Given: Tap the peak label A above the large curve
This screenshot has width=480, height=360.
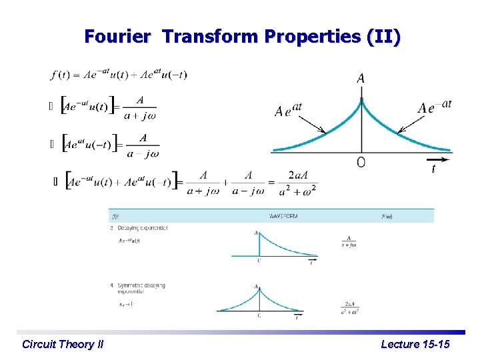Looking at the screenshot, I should point(361,79).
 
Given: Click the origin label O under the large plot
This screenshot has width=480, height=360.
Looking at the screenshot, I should point(361,163).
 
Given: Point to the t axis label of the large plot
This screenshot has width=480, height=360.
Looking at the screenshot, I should point(433,169).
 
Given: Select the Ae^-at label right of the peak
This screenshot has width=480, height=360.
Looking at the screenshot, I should point(435,107).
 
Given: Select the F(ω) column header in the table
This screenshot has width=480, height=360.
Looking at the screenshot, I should point(387,216).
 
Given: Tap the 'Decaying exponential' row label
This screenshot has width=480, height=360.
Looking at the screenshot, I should point(142,228).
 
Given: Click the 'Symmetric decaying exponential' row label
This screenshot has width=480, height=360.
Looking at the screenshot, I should point(141,288).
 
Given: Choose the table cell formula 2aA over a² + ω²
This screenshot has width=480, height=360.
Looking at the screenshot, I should point(349,307).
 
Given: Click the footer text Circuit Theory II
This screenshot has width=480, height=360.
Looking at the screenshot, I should point(63,345).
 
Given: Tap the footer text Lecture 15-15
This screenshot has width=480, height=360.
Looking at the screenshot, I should point(415,345).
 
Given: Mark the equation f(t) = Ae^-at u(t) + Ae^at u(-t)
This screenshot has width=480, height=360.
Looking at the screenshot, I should point(119,75).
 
